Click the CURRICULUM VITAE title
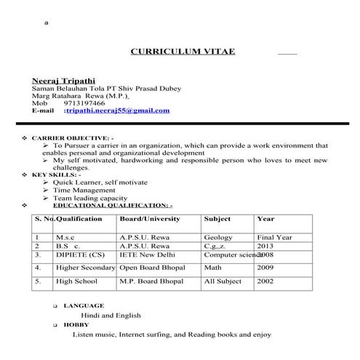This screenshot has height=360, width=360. tap(182, 52)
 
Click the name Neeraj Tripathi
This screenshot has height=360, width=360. tap(63, 80)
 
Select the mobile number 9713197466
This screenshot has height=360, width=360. tap(84, 103)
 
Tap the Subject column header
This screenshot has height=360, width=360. tap(217, 219)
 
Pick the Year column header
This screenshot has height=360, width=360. tap(265, 219)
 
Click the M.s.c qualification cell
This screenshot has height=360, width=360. tap(66, 237)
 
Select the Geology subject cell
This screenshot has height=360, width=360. tap(218, 237)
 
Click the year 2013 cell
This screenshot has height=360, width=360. tap(265, 246)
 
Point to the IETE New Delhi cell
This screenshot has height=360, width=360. tap(148, 255)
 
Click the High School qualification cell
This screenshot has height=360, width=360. tap(76, 281)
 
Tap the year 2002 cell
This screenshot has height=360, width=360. tap(265, 281)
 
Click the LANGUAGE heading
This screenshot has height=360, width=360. tap(84, 305)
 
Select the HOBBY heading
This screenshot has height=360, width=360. tap(76, 325)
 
